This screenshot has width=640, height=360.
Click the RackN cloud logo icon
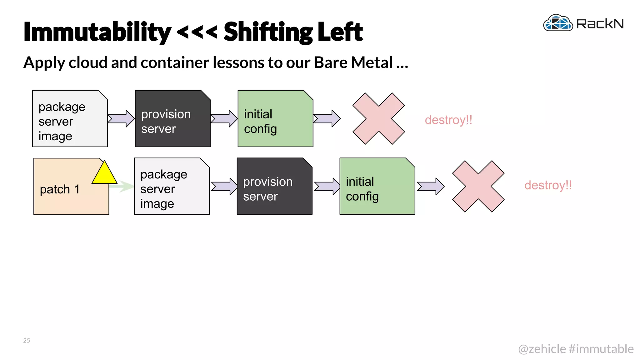(x=558, y=23)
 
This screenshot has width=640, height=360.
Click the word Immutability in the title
(x=97, y=32)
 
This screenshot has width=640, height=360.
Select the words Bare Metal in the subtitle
(x=353, y=62)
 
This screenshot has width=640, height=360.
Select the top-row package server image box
(x=70, y=119)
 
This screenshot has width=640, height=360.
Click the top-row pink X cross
(x=378, y=119)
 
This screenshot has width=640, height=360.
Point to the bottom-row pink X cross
(x=478, y=187)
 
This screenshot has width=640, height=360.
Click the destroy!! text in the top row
(x=448, y=120)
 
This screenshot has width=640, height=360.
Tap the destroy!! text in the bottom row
(x=548, y=185)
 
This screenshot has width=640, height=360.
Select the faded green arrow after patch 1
(x=123, y=186)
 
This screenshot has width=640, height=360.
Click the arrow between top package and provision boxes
(x=121, y=118)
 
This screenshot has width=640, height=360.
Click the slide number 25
(x=27, y=340)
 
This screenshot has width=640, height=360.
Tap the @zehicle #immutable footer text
(x=575, y=349)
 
